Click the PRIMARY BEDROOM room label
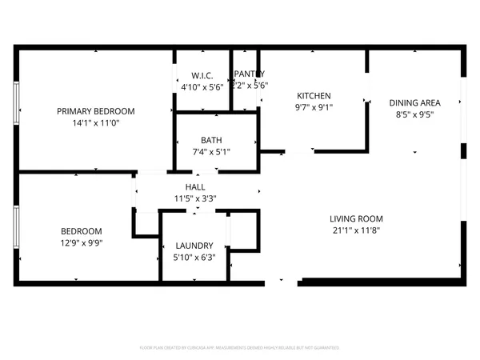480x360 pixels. point(95,111)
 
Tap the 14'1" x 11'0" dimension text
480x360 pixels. point(95,123)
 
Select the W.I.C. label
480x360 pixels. point(202,75)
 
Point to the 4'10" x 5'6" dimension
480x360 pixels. point(202,86)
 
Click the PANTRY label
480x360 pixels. point(249,74)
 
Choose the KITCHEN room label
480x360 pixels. point(314,96)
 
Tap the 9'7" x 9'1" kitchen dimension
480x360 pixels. point(314,107)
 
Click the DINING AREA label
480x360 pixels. point(415,103)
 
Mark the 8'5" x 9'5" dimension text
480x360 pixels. point(415,114)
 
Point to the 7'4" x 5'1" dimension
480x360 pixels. point(211,150)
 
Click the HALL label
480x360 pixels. point(195,186)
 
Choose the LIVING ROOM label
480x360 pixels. point(356,218)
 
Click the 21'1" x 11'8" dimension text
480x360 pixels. point(356,230)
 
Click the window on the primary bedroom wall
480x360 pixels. point(16,109)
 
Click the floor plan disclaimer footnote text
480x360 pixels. point(240,348)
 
